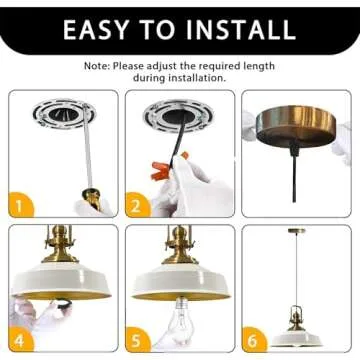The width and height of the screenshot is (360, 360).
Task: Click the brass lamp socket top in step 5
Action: point(180,246)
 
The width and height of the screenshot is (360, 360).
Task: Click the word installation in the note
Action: point(196,78)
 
